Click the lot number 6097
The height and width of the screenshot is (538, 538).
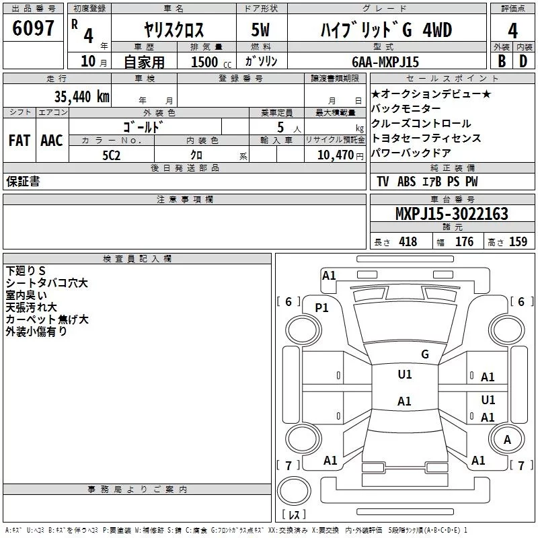(33, 28)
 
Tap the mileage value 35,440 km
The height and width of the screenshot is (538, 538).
(81, 96)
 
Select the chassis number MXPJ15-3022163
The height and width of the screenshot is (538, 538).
(451, 214)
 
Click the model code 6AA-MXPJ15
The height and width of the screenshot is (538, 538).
(385, 62)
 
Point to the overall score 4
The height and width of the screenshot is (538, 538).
(512, 31)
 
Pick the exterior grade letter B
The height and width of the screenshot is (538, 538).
(502, 61)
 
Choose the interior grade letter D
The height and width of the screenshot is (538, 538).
(523, 61)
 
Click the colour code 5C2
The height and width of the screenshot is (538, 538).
(112, 155)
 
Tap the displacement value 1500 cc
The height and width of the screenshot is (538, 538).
(211, 62)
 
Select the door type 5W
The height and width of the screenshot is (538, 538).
(260, 30)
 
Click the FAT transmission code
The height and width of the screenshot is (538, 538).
(20, 141)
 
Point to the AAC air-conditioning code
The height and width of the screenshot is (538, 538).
(52, 141)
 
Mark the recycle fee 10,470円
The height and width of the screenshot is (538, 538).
(340, 155)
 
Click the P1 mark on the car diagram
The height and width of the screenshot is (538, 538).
(322, 308)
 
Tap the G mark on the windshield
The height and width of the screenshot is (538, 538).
(425, 354)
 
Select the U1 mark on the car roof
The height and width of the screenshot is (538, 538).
(405, 375)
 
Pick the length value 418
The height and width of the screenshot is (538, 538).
(408, 242)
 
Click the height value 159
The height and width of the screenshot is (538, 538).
(518, 242)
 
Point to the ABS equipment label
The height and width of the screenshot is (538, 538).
(406, 182)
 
